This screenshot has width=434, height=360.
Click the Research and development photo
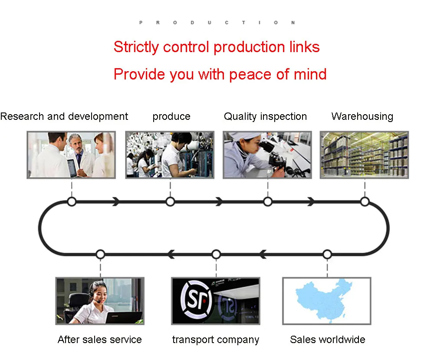pyautogui.click(x=71, y=155)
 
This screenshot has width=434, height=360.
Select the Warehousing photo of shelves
pyautogui.click(x=364, y=155)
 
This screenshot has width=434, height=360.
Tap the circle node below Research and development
pyautogui.click(x=72, y=201)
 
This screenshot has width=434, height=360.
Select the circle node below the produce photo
pyautogui.click(x=170, y=201)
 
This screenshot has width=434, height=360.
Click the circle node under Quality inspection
pyautogui.click(x=268, y=201)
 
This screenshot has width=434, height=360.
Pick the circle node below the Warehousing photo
pyautogui.click(x=365, y=201)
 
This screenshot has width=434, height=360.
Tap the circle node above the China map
pyautogui.click(x=327, y=254)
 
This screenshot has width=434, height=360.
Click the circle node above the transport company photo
pyautogui.click(x=216, y=254)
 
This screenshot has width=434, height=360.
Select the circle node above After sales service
pyautogui.click(x=100, y=254)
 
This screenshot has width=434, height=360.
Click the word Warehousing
pyautogui.click(x=362, y=116)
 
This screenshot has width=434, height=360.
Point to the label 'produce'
pyautogui.click(x=171, y=116)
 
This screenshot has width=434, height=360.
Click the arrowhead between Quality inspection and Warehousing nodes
pyautogui.click(x=311, y=201)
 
